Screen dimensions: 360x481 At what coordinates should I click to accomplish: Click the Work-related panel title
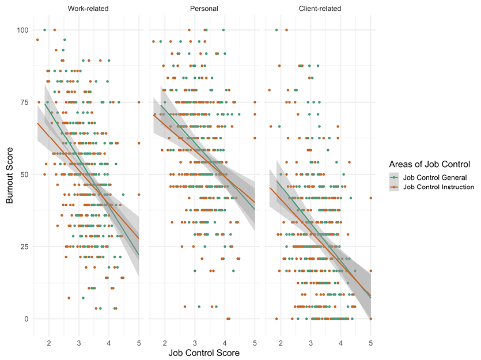(x=88, y=9)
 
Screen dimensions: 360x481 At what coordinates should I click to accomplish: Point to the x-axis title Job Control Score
(x=204, y=353)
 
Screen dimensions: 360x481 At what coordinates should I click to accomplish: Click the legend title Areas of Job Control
(x=429, y=164)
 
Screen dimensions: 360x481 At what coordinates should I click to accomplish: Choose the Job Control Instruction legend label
(x=438, y=187)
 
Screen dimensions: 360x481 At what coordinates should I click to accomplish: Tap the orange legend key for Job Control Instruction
(x=395, y=187)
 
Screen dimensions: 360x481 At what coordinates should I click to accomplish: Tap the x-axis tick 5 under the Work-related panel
(x=139, y=343)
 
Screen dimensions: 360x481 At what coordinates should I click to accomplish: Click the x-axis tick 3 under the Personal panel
(x=195, y=343)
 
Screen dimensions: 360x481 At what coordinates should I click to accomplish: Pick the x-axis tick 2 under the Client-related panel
(x=281, y=343)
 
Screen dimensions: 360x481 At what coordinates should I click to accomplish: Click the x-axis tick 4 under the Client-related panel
(x=341, y=343)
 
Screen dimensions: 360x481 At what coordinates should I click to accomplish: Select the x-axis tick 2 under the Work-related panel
(x=48, y=343)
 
